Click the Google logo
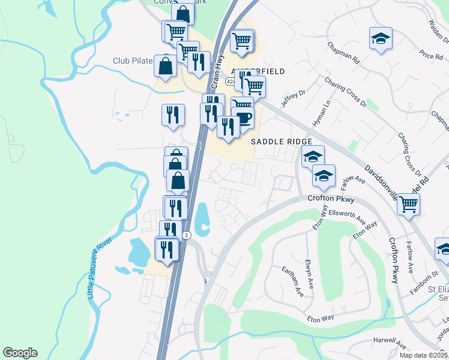[x=20, y=353]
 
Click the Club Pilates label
[x=133, y=61]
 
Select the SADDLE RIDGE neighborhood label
[x=282, y=141]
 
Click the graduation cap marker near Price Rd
[x=381, y=39]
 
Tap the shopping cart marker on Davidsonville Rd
[x=408, y=204]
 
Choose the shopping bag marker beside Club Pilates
[x=165, y=65]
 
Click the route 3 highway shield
[x=187, y=235]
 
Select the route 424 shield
[x=231, y=80]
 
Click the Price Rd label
[x=432, y=56]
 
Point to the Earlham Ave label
[x=292, y=280]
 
